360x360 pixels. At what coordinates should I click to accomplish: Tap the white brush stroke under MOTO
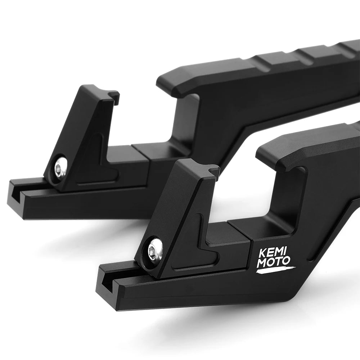276,270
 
